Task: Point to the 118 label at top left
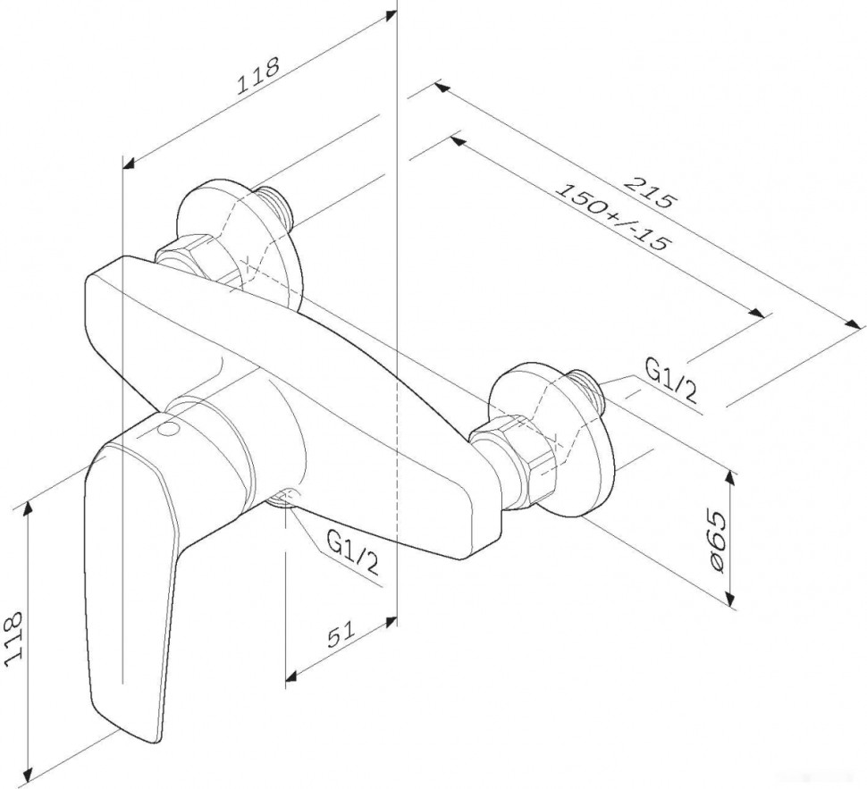coord(257,76)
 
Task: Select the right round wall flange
coord(554,438)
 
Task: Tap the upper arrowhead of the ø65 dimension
coord(731,477)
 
